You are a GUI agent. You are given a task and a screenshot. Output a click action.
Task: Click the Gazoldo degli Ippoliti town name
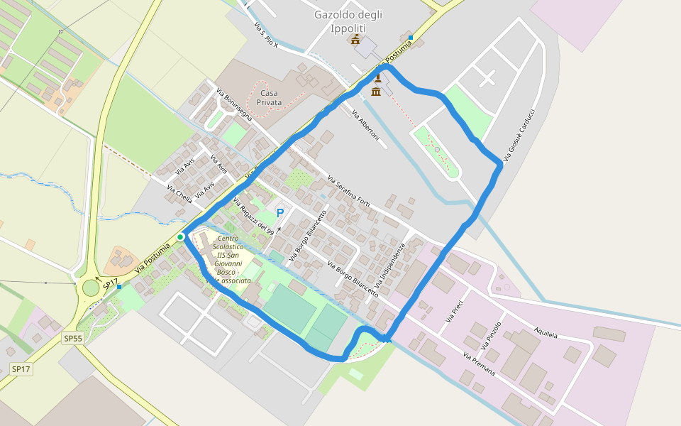[x=349, y=21]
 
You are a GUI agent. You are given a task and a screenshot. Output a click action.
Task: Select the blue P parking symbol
[x=280, y=212]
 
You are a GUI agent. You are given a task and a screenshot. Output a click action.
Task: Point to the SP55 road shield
[x=73, y=338]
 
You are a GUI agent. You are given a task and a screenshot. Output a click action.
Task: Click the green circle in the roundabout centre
[x=91, y=288]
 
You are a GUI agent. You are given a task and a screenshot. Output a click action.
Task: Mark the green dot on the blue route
[x=181, y=236]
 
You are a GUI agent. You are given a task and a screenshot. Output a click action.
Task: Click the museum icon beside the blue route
[x=376, y=92]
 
